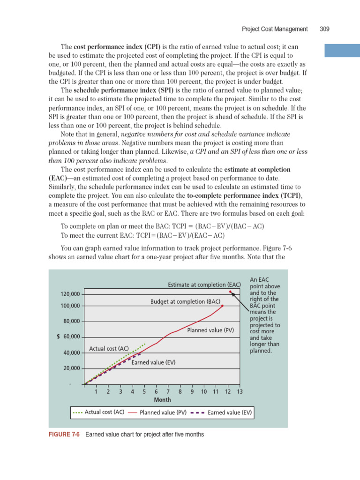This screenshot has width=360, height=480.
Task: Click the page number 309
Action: coord(324,29)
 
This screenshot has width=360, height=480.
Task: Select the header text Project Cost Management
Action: coord(275,29)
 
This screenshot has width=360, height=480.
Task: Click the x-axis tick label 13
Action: coord(240,391)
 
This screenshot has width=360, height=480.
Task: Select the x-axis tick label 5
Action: coord(144,391)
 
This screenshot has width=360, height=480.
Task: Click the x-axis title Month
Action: coord(162,400)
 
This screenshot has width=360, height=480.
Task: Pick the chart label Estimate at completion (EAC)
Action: coord(204,285)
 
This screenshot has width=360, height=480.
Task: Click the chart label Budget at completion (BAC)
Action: coord(185,301)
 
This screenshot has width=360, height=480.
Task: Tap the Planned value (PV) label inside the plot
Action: coord(210,330)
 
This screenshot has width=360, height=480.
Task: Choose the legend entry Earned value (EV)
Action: coord(230,412)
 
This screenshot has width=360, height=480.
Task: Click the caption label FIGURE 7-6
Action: coord(64,435)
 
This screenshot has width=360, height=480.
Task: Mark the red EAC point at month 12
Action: coord(230,292)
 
